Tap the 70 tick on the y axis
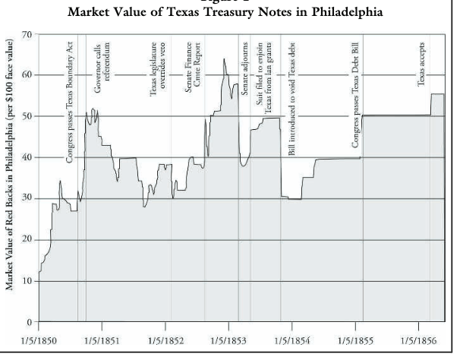click(x=27, y=34)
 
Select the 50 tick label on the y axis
click(x=27, y=116)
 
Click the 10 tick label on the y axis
click(x=27, y=281)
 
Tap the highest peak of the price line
click(x=224, y=59)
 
